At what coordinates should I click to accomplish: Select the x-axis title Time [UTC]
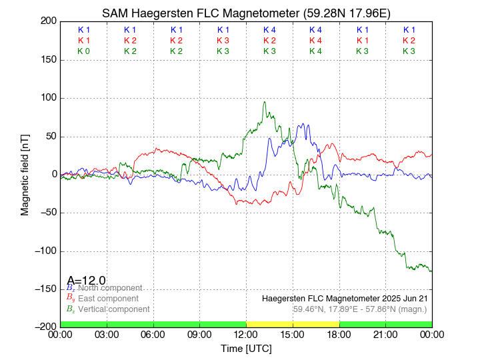[x=246, y=349]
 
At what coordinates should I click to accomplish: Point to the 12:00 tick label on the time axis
[x=246, y=335]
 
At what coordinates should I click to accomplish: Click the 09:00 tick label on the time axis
[x=199, y=335]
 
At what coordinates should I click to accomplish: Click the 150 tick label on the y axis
[x=47, y=60]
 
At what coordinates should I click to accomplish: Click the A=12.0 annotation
[x=86, y=280]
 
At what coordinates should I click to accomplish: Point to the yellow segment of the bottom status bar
[x=293, y=324]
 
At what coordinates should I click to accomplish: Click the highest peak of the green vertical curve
[x=265, y=102]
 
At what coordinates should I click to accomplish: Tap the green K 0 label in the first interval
[x=83, y=51]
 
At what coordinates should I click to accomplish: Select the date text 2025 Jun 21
[x=400, y=298]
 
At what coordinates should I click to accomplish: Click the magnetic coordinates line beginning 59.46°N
[x=359, y=309]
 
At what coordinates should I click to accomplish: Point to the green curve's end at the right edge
[x=431, y=271]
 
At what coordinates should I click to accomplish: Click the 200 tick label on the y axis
[x=47, y=21]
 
